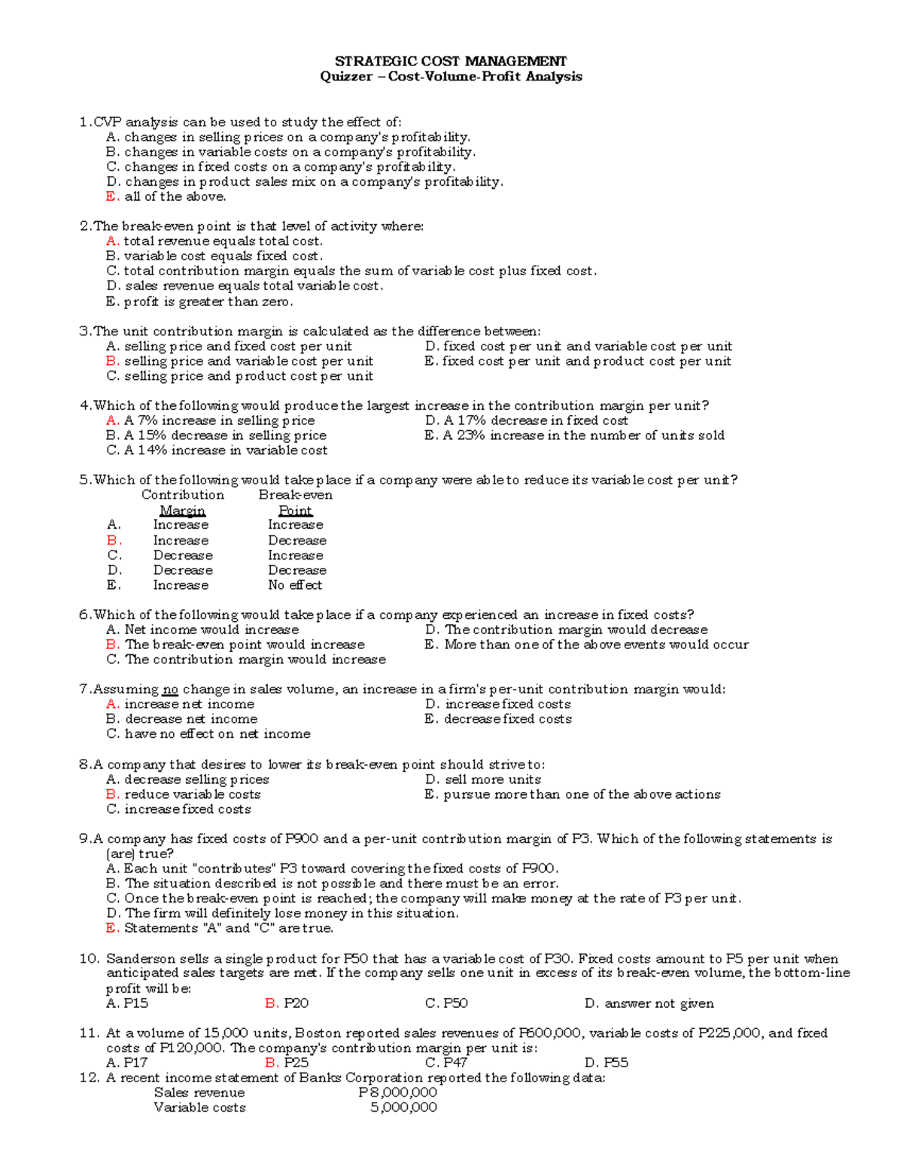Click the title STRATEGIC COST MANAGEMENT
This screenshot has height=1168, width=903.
pyautogui.click(x=450, y=61)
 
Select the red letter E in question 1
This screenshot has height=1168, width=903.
pyautogui.click(x=112, y=196)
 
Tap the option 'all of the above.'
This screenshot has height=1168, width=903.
pyautogui.click(x=175, y=196)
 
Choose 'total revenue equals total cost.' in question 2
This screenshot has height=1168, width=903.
pyautogui.click(x=223, y=241)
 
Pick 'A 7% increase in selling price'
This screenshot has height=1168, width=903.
pyautogui.click(x=219, y=420)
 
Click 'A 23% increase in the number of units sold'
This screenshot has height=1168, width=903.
pyautogui.click(x=584, y=435)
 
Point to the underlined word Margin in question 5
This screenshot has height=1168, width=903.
pyautogui.click(x=182, y=511)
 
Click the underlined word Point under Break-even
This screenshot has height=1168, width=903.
pyautogui.click(x=295, y=511)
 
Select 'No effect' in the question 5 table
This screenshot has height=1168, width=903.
pyautogui.click(x=295, y=585)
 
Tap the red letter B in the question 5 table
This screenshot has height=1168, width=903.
pyautogui.click(x=113, y=540)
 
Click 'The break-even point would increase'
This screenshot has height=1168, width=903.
pyautogui.click(x=245, y=645)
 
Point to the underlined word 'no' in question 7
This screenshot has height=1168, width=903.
pyautogui.click(x=170, y=690)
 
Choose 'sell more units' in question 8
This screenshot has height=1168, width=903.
pyautogui.click(x=493, y=780)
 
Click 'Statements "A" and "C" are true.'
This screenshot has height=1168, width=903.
pyautogui.click(x=228, y=928)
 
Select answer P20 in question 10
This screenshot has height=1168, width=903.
pyautogui.click(x=296, y=1003)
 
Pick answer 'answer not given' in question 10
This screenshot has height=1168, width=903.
pyautogui.click(x=659, y=1003)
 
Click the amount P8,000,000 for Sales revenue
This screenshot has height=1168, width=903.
pyautogui.click(x=397, y=1093)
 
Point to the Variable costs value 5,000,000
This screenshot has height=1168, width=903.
pyautogui.click(x=403, y=1107)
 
